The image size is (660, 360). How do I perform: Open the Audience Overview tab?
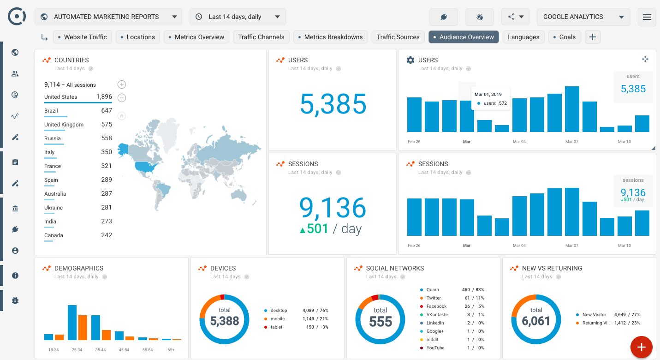point(464,37)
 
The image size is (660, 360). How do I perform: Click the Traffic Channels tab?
point(261,37)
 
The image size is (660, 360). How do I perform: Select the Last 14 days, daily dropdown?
point(238,17)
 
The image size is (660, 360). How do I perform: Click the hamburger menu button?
point(647,17)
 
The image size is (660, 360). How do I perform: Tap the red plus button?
point(641,347)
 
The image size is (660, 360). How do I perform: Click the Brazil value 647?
point(107,111)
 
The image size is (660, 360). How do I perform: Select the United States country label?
point(60,97)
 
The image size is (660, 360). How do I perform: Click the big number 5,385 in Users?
point(333,104)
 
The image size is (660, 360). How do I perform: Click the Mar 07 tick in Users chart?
point(572,142)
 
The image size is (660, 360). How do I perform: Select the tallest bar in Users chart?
point(572,109)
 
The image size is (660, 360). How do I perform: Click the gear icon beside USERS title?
point(410,60)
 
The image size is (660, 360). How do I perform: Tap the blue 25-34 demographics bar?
point(72,323)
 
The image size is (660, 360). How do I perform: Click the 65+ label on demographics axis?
point(171,350)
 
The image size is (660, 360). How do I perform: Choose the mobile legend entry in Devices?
point(278,319)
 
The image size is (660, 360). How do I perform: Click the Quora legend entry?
point(433,290)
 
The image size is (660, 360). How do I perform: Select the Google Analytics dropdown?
point(583,17)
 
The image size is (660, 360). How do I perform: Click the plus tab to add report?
point(593,37)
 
